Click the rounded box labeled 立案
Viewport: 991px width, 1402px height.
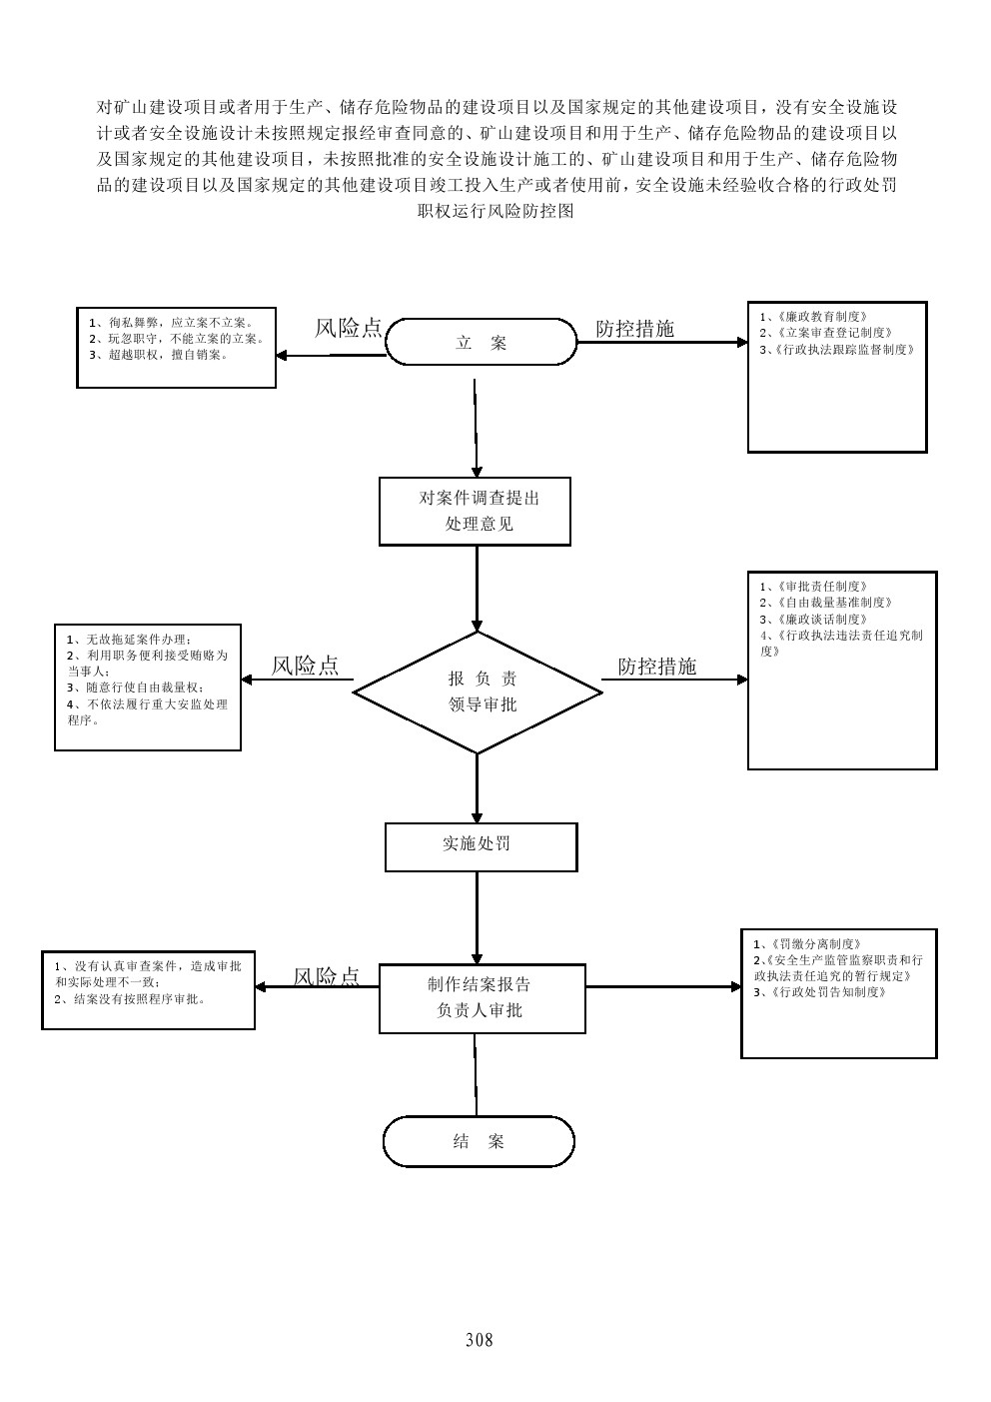(481, 343)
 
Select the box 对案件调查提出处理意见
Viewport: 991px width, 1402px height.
(475, 511)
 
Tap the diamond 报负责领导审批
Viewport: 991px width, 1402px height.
(478, 692)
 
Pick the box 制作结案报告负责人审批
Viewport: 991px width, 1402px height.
(482, 997)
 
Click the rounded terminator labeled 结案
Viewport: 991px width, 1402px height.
(479, 1141)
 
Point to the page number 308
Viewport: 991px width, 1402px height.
(480, 1339)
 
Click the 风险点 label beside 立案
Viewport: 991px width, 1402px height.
(348, 328)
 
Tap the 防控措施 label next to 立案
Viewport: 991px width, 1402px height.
(634, 329)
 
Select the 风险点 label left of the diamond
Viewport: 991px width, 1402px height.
(305, 666)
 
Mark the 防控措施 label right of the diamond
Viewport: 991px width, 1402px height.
(656, 667)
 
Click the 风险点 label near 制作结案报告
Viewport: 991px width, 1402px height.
(326, 976)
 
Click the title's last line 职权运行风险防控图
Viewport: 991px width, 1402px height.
(496, 211)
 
